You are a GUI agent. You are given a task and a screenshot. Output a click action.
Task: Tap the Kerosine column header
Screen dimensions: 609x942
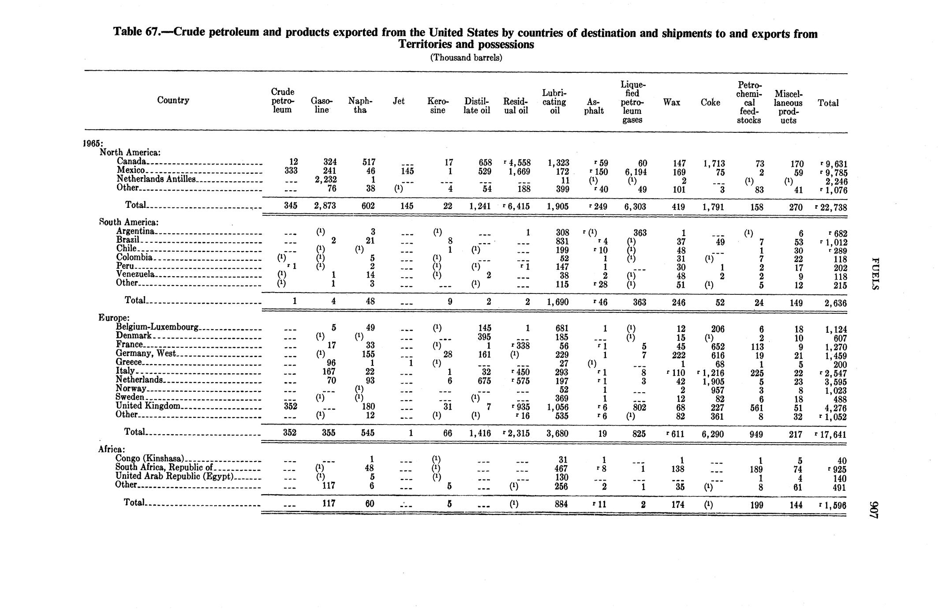pos(437,106)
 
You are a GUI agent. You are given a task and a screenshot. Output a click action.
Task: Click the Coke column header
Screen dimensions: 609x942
pos(710,103)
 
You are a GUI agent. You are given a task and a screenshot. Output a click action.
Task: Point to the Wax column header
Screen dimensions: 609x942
pos(671,103)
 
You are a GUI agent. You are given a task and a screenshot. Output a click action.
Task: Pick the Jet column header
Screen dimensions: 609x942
pos(398,101)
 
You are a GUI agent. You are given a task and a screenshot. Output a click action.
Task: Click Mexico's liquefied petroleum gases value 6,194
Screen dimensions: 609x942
pos(632,172)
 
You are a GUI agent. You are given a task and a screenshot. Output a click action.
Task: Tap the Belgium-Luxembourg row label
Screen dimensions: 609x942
pos(157,327)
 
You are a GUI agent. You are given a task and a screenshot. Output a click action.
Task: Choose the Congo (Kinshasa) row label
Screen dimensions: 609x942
pos(150,459)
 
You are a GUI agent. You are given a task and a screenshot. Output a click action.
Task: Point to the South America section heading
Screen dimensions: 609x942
pos(129,222)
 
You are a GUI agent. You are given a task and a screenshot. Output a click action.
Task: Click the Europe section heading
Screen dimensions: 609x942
pos(114,318)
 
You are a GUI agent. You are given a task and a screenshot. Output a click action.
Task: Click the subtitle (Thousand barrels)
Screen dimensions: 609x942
pos(466,58)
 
